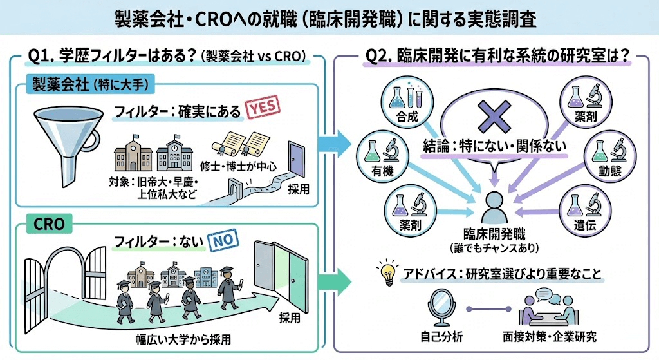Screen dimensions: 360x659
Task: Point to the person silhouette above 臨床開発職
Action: (494, 208)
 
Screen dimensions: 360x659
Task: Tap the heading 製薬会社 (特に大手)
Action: (90, 84)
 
